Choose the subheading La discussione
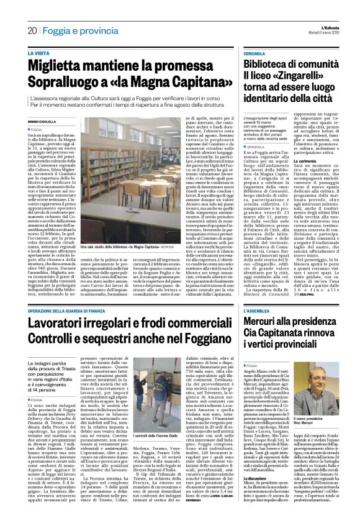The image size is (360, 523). point(258,478)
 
